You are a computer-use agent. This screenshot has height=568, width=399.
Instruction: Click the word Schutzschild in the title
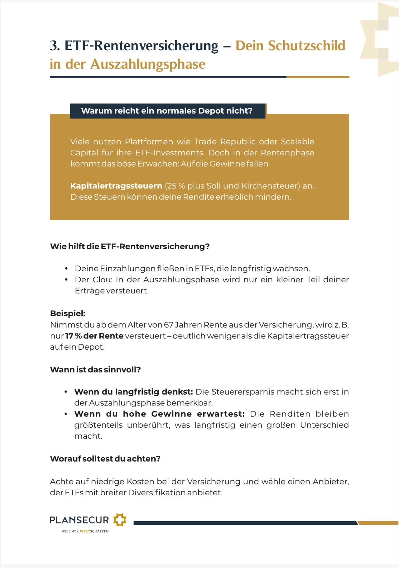pos(306,46)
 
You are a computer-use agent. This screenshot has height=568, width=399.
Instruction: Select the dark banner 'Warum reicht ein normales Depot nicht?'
pos(167,111)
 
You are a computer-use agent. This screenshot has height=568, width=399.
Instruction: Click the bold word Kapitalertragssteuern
pos(116,186)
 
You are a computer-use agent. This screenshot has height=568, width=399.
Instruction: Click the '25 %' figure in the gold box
pos(176,186)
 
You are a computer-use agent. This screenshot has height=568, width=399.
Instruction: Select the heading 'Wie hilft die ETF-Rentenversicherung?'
pos(130,246)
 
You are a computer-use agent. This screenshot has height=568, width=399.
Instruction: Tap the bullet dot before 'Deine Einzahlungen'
pos(66,269)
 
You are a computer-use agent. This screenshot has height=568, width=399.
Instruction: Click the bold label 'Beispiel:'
pos(68,313)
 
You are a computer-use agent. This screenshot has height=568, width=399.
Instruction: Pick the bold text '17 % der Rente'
pos(94,336)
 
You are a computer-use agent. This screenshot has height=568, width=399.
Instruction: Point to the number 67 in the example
pos(168,325)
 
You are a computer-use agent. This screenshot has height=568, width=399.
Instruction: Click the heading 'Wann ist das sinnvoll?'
pos(95,370)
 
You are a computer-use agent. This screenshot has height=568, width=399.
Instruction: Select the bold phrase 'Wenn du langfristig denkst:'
pos(133,392)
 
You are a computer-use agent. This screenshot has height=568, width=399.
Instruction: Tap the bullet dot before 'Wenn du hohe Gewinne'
pos(66,414)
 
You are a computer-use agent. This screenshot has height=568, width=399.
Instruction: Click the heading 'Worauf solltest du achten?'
pos(105,459)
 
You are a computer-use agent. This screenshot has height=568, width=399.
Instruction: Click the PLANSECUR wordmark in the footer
pos(79,520)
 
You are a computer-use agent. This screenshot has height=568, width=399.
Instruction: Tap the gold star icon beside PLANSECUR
pos(120,520)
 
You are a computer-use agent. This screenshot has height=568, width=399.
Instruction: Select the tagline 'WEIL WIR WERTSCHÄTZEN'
pos(85,531)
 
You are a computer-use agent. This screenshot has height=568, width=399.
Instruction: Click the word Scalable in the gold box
pos(297,142)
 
